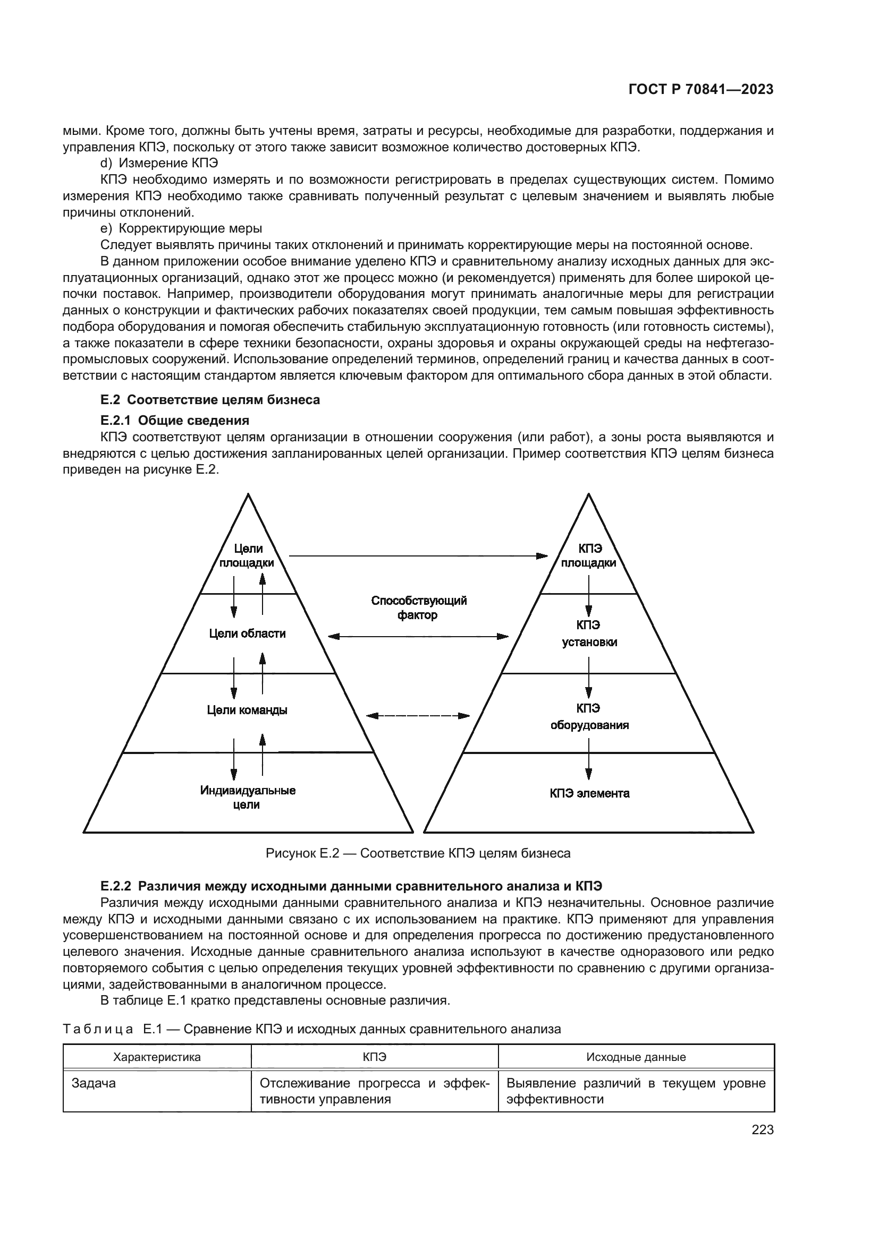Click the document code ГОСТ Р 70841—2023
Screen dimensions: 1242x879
[701, 90]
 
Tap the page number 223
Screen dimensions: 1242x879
[762, 1130]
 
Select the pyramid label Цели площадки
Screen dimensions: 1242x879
[247, 556]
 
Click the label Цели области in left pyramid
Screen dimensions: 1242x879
[247, 633]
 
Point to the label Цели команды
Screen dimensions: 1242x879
[247, 710]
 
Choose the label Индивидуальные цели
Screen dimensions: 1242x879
[247, 798]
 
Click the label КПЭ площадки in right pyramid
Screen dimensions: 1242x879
[589, 556]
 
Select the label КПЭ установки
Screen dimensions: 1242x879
[589, 633]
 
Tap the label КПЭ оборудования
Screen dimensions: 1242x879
[589, 716]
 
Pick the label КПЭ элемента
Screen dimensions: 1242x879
[589, 793]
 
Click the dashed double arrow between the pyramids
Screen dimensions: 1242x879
[418, 716]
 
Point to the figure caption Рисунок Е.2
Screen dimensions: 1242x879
[418, 853]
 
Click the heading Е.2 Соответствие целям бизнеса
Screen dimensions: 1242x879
[210, 400]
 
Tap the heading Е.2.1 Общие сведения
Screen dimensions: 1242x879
[174, 421]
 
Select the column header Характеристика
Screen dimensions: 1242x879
[156, 1057]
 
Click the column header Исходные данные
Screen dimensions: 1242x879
[636, 1057]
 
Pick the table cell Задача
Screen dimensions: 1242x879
[93, 1084]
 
